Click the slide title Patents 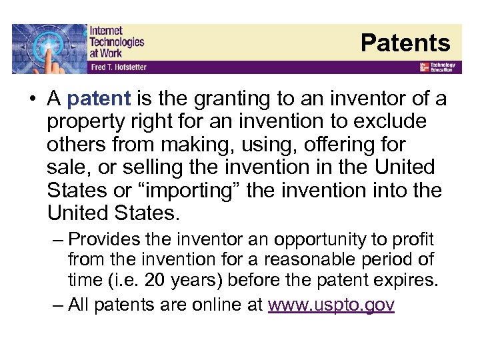pos(405,43)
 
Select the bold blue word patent pos(99,99)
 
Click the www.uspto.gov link pos(331,305)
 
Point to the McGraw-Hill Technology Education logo pos(437,67)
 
